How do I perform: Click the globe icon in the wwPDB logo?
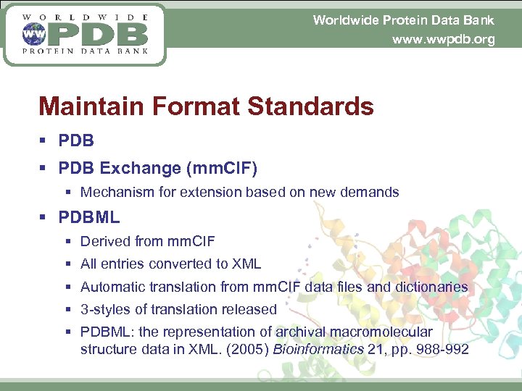32,33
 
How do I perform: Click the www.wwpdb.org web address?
443,40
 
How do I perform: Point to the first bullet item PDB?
76,140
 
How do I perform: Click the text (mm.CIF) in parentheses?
222,168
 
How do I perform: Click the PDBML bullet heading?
89,217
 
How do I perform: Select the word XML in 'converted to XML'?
246,264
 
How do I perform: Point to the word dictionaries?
431,287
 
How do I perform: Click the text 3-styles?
104,310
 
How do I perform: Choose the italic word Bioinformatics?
323,350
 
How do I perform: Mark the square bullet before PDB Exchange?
45,169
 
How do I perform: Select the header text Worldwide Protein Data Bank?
403,20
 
